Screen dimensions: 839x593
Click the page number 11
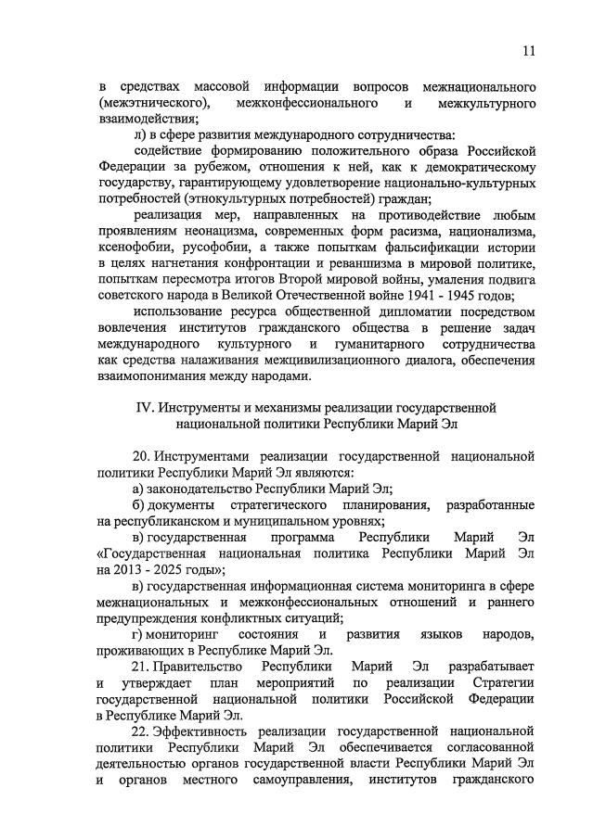pos(528,50)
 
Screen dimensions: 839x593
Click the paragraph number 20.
pos(141,457)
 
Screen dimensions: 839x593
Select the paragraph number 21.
pos(141,667)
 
